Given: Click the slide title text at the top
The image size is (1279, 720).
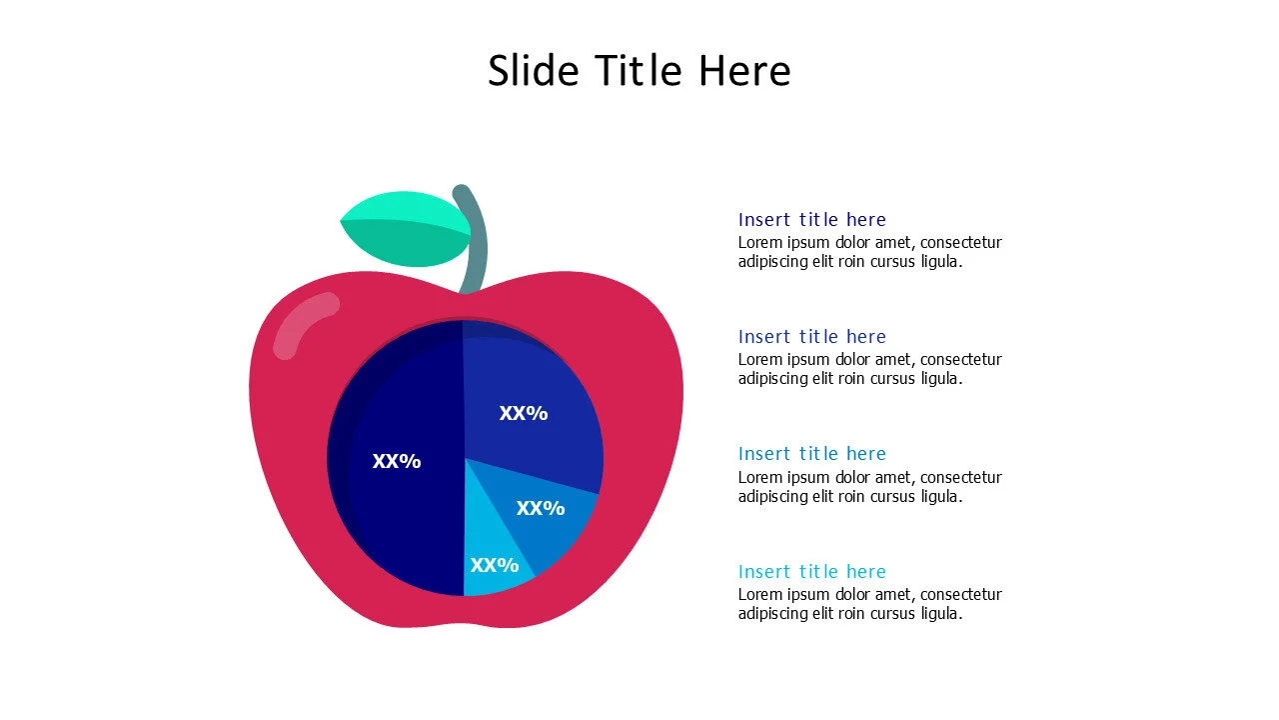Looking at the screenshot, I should [x=639, y=71].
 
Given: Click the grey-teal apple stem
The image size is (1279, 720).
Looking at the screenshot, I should [x=476, y=240].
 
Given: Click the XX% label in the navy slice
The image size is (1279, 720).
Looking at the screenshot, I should [x=397, y=461].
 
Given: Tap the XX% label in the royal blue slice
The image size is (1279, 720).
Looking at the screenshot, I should [x=524, y=413].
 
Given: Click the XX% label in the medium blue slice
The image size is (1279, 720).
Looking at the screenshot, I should [x=541, y=508].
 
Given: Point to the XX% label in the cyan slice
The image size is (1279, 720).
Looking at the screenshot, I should [x=495, y=565].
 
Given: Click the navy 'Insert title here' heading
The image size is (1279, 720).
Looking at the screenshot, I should [x=811, y=219].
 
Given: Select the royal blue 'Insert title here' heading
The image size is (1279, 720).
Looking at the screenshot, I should [x=811, y=336].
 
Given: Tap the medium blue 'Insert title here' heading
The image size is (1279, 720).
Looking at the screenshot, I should [x=811, y=453].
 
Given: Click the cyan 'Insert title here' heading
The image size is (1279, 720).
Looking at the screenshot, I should [x=811, y=571].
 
